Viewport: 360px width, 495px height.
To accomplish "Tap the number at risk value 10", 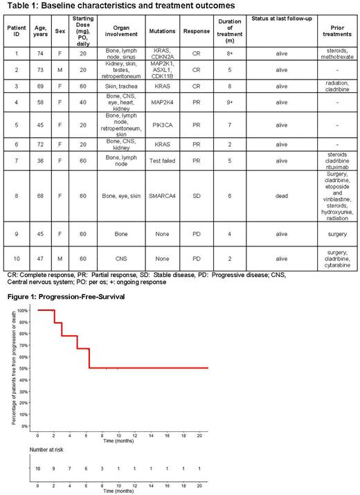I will [x=37, y=469].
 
